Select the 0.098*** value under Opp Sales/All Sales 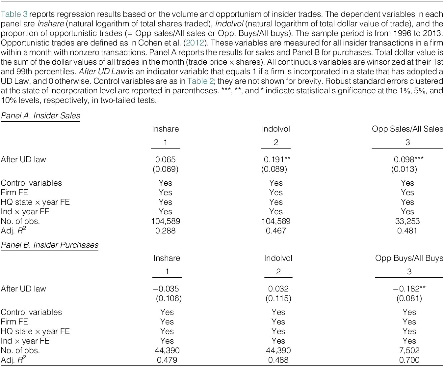pyautogui.click(x=408, y=160)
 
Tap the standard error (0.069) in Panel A pyautogui.click(x=165, y=169)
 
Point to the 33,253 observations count pyautogui.click(x=407, y=221)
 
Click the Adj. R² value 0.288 pyautogui.click(x=165, y=231)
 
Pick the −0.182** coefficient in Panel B pyautogui.click(x=409, y=289)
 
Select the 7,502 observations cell pyautogui.click(x=409, y=351)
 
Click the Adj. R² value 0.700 pyautogui.click(x=409, y=360)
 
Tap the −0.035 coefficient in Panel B pyautogui.click(x=166, y=289)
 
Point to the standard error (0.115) pyautogui.click(x=278, y=298)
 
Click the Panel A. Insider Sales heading pyautogui.click(x=40, y=116)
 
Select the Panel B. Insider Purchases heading pyautogui.click(x=50, y=245)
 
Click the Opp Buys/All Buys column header pyautogui.click(x=409, y=258)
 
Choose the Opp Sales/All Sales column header pyautogui.click(x=407, y=129)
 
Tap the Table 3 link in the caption pyautogui.click(x=14, y=14)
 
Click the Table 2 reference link pyautogui.click(x=200, y=81)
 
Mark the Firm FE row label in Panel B pyautogui.click(x=14, y=322)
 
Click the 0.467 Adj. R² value pyautogui.click(x=276, y=231)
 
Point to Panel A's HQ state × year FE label pyautogui.click(x=35, y=202)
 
